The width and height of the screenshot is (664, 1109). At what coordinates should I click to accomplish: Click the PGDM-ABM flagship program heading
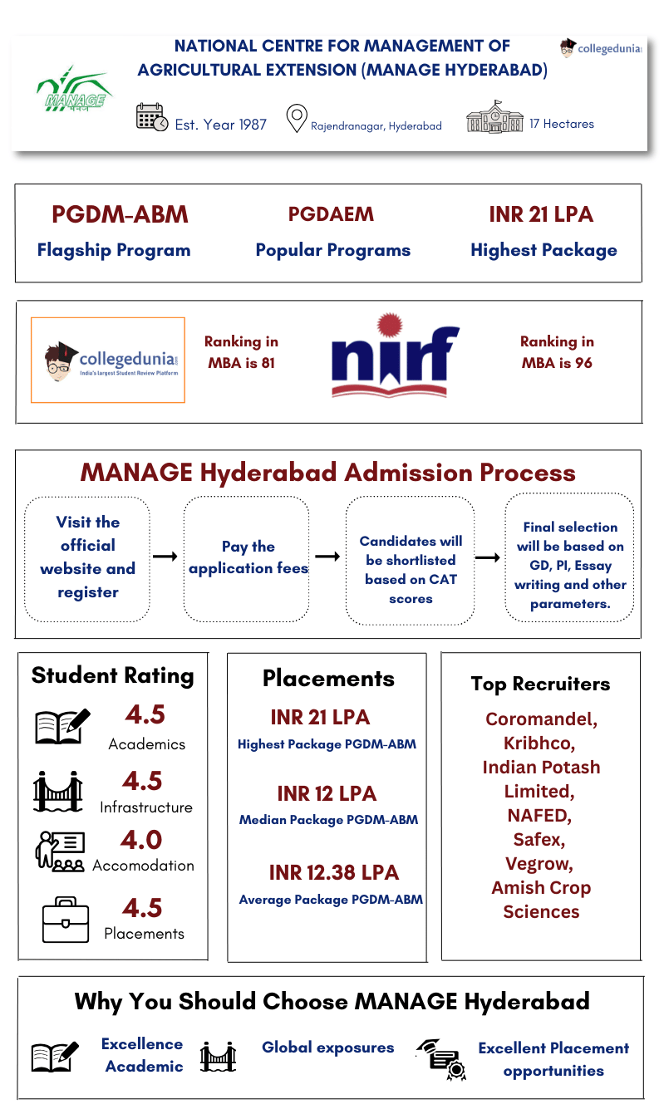point(120,214)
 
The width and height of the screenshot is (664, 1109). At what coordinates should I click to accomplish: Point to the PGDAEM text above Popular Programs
point(331,214)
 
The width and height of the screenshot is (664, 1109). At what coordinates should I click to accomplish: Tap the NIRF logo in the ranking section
point(395,356)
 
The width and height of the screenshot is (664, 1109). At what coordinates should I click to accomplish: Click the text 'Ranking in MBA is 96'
point(557,352)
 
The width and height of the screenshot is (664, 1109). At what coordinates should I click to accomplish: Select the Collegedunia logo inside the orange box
point(108,360)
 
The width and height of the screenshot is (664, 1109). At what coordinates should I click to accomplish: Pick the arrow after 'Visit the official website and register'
point(165,557)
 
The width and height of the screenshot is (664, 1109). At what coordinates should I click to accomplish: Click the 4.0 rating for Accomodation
point(141,840)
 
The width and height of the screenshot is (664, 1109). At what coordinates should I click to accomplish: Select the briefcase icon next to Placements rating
point(65,920)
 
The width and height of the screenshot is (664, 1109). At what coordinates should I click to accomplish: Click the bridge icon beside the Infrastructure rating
point(57,792)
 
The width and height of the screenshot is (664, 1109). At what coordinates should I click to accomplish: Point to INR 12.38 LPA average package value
point(333,873)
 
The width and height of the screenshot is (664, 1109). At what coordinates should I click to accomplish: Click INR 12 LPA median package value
point(327,793)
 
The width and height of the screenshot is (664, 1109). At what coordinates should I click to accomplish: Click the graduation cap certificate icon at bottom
point(441,1058)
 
